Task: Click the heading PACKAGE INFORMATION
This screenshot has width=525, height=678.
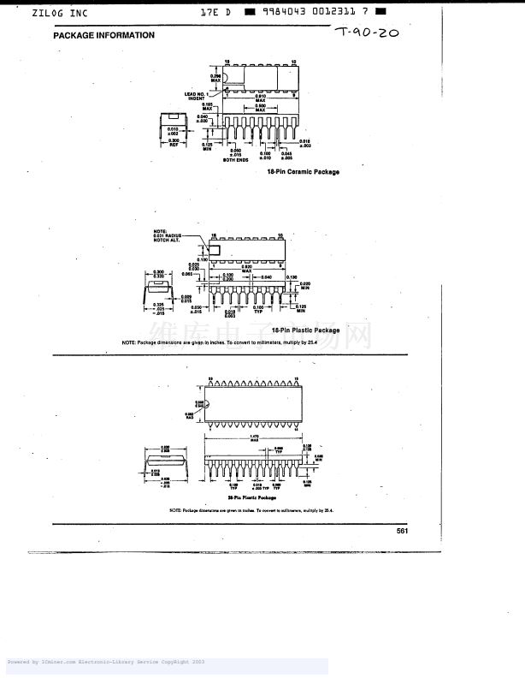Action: coord(103,35)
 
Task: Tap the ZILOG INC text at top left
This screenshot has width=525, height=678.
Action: coord(60,14)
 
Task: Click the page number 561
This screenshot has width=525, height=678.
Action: coord(402,531)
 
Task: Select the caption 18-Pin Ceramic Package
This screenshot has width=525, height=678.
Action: coord(303,172)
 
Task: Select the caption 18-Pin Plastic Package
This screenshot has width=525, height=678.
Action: coord(305,330)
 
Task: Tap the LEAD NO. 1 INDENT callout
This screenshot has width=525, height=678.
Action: coord(195,96)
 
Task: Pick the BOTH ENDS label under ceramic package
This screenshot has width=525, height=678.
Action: coord(235,160)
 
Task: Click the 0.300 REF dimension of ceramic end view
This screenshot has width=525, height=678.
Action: coord(174,142)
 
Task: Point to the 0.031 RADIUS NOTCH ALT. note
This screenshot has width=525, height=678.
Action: coord(168,235)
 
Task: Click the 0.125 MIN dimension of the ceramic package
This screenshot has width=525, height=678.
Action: coord(207,146)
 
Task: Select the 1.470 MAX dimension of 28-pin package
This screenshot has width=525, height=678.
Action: coord(254,438)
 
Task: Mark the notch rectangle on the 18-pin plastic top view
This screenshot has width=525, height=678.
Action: coord(215,249)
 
